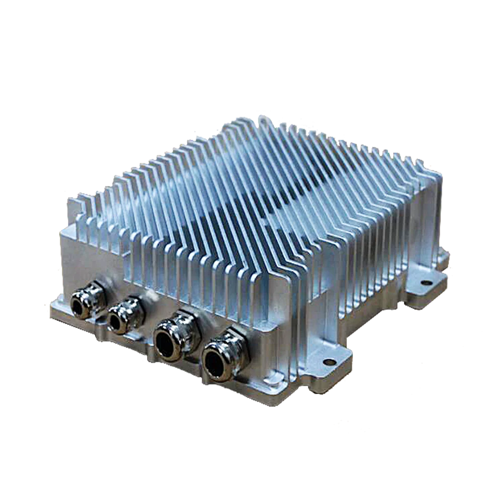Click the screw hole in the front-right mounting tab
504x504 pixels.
point(329,361)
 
